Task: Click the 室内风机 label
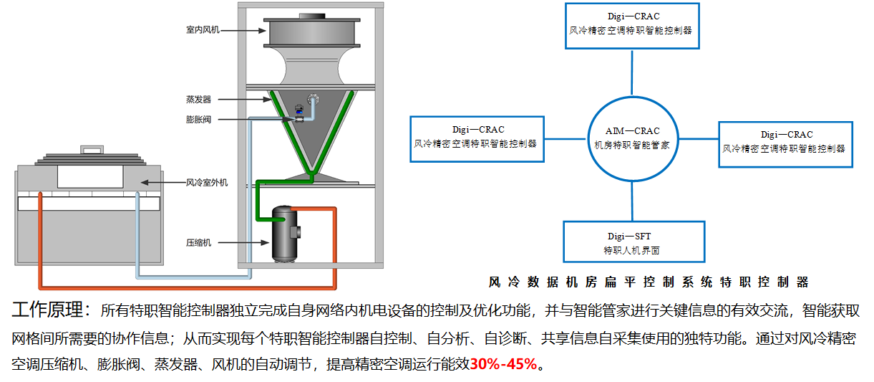point(203,30)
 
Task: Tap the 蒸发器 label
point(198,99)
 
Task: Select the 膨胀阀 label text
point(198,120)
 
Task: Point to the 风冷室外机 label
point(207,183)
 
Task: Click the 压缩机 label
point(198,243)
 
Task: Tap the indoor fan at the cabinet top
point(311,32)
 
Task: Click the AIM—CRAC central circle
point(633,137)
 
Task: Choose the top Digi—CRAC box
point(631,25)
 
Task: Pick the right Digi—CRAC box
point(786,143)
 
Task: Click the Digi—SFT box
point(633,241)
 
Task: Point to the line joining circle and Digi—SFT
point(633,201)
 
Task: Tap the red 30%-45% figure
point(503,364)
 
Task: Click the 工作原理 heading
point(50,311)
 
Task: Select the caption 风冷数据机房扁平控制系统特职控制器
point(648,282)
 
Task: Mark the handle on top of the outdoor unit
point(91,151)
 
